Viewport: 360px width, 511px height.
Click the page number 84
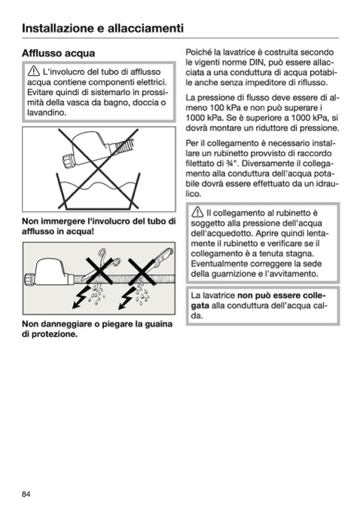[x=26, y=494]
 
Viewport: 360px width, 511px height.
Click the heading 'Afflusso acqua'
[x=58, y=53]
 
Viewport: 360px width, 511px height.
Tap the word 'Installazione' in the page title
[x=58, y=28]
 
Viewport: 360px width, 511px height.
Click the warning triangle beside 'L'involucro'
[x=34, y=71]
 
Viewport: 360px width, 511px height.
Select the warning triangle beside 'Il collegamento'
[x=197, y=212]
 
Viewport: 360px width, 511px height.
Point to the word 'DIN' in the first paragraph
[x=256, y=63]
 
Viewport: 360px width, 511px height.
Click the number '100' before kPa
[x=217, y=108]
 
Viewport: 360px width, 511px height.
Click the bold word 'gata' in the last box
[x=200, y=306]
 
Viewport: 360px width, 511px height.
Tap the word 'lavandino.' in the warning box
[x=47, y=113]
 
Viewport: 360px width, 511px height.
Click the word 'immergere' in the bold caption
[x=63, y=222]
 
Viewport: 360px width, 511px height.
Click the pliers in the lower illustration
[x=157, y=264]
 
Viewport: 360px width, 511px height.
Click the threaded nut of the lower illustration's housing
[x=29, y=280]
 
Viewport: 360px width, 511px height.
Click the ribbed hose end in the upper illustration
[x=126, y=145]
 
